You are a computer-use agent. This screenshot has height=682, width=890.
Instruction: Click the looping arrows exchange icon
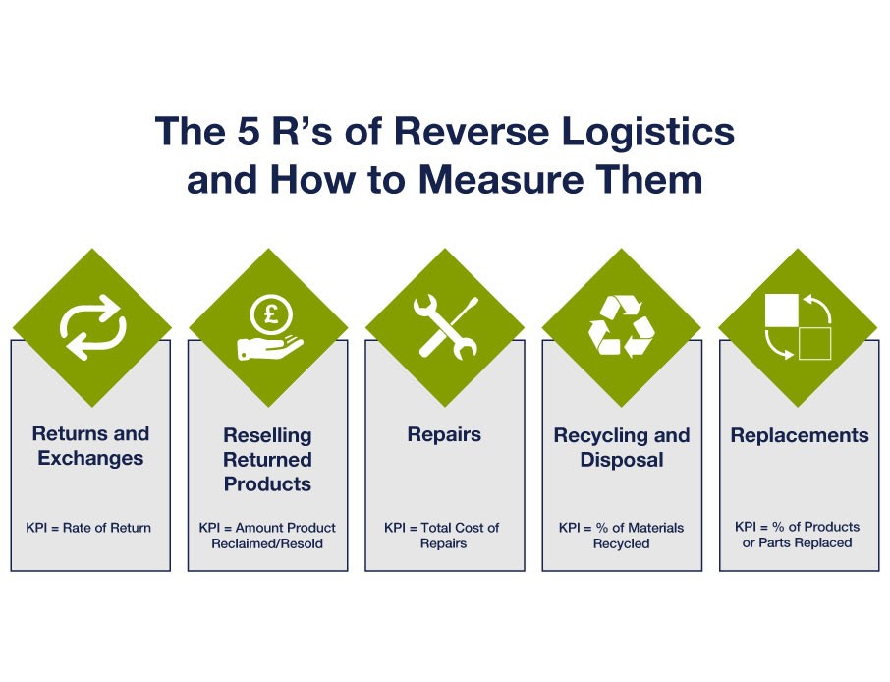point(91,327)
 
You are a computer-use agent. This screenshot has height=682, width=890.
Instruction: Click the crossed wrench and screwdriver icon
point(445,327)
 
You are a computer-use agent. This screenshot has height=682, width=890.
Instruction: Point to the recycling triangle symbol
point(621,327)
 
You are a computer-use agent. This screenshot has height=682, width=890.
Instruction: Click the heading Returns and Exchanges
point(90,446)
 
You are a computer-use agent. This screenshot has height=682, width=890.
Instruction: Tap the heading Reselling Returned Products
point(267,459)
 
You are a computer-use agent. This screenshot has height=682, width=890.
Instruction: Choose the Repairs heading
point(444,434)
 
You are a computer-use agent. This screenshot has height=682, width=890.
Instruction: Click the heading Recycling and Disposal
point(621,447)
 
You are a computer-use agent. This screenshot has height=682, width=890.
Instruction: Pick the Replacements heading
point(799,435)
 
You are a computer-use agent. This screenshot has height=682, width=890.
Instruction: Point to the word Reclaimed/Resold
point(267,543)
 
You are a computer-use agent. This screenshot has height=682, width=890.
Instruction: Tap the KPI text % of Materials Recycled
point(620,536)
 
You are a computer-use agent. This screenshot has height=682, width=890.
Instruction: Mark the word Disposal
point(621,460)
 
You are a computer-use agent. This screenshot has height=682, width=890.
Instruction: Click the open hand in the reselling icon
point(263,346)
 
